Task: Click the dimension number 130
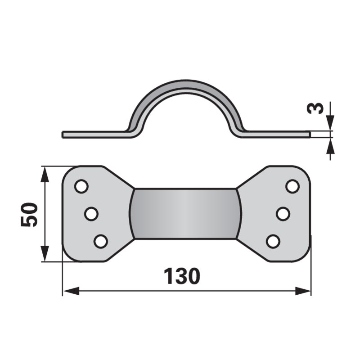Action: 182,276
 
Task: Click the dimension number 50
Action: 29,215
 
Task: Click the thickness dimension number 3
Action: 315,108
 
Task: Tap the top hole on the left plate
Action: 81,186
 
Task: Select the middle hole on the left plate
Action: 91,214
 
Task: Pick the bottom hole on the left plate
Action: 101,241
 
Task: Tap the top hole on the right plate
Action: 292,186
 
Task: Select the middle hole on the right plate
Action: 283,214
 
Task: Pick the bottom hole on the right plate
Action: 273,242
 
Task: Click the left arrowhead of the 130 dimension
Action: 71,291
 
